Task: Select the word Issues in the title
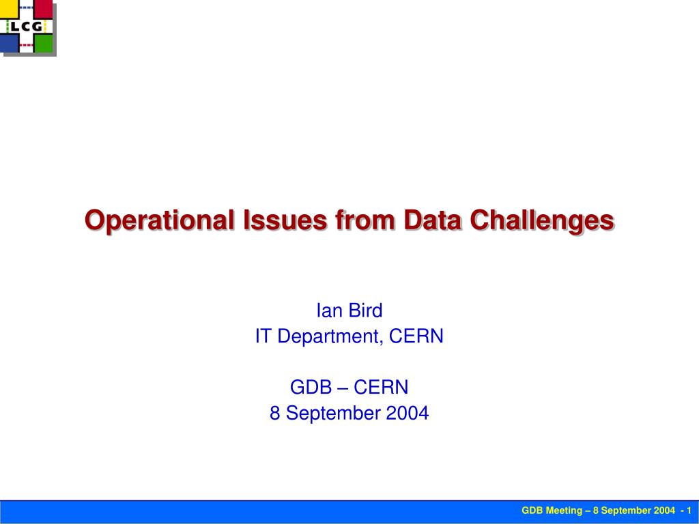pyautogui.click(x=285, y=220)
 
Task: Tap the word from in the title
pyautogui.click(x=365, y=220)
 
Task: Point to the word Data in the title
pyautogui.click(x=432, y=220)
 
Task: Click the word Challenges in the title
pyautogui.click(x=542, y=220)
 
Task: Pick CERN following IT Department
pyautogui.click(x=416, y=336)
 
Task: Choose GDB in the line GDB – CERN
pyautogui.click(x=311, y=388)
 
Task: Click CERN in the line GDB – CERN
pyautogui.click(x=381, y=388)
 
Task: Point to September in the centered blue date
pyautogui.click(x=333, y=413)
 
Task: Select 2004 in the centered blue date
pyautogui.click(x=408, y=413)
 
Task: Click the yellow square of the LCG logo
pyautogui.click(x=8, y=9)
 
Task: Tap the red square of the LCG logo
pyautogui.click(x=43, y=9)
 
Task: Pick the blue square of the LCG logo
pyautogui.click(x=9, y=44)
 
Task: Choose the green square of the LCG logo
pyautogui.click(x=43, y=44)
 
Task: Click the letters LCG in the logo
pyautogui.click(x=27, y=27)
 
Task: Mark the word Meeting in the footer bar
pyautogui.click(x=565, y=510)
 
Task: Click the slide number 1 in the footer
pyautogui.click(x=689, y=510)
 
